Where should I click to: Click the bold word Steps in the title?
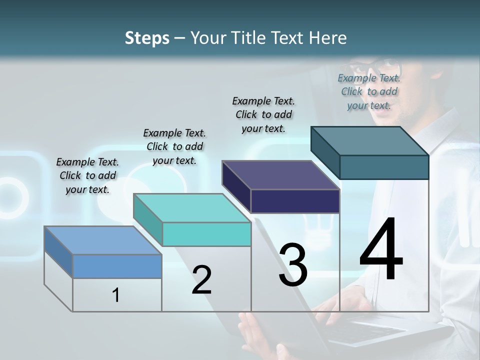(x=147, y=38)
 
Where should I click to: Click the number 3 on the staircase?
(x=293, y=265)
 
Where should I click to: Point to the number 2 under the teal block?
(x=201, y=280)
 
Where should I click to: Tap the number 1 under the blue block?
(x=116, y=295)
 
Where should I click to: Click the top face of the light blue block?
(x=102, y=240)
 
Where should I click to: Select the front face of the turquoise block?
(x=206, y=234)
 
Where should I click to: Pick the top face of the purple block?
(x=280, y=175)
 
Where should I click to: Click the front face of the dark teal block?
(x=384, y=167)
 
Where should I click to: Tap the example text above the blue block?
(x=87, y=175)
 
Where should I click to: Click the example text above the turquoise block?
(x=174, y=146)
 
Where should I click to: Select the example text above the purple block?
(x=263, y=114)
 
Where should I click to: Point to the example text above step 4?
(x=369, y=91)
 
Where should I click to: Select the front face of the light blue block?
(x=117, y=266)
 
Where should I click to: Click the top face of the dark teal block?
(x=369, y=141)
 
